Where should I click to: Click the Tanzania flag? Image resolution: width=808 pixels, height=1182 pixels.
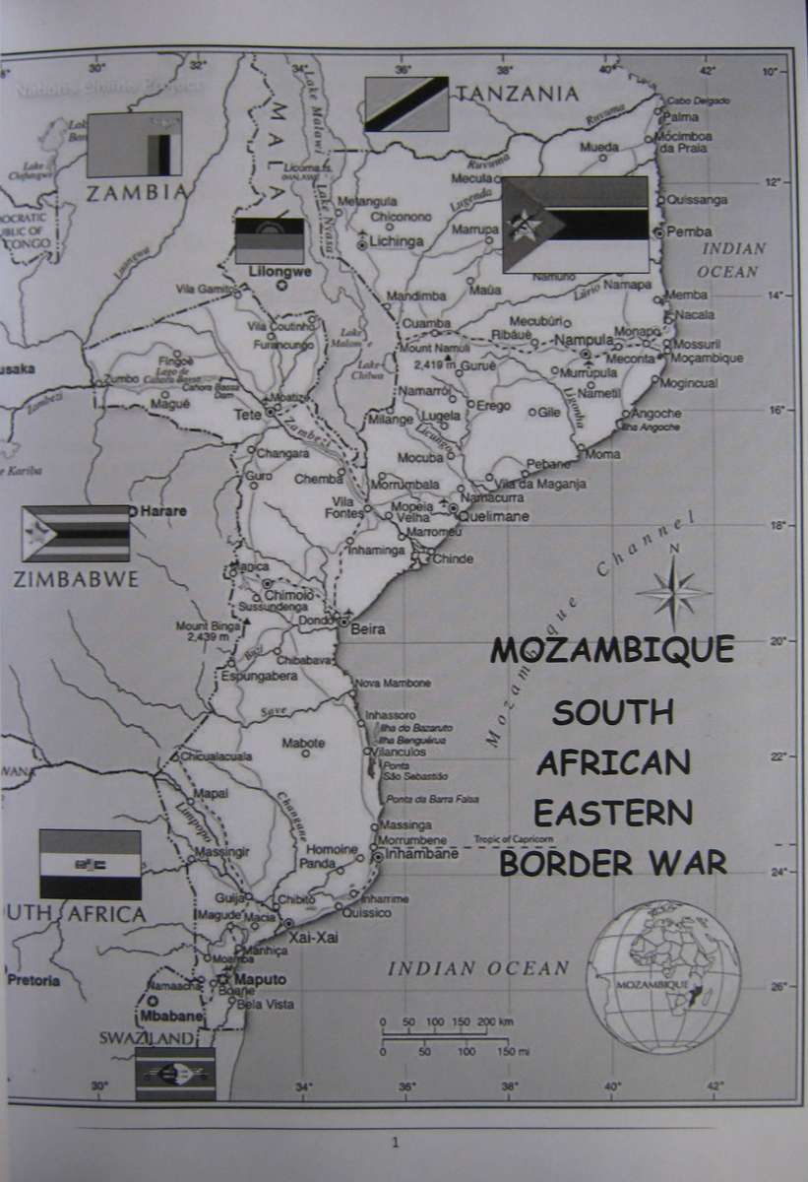(x=406, y=104)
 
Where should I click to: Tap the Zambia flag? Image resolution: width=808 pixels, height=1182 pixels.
(x=135, y=144)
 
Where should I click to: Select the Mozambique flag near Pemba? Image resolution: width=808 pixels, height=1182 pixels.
(x=575, y=225)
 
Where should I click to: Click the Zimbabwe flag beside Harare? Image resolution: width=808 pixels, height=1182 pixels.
(x=76, y=533)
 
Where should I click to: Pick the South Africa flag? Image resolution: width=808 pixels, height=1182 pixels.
(x=90, y=864)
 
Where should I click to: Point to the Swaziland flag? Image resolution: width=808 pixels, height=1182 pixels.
(x=175, y=1074)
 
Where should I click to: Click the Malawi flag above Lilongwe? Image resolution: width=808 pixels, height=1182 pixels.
(x=269, y=240)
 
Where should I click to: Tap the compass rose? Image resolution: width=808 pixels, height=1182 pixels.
(x=673, y=593)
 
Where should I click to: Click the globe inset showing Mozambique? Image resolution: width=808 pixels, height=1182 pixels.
(x=664, y=977)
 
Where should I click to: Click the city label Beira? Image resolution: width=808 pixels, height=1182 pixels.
(x=368, y=629)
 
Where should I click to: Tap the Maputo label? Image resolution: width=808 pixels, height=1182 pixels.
(x=260, y=979)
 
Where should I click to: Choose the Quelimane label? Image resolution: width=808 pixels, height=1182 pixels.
(x=495, y=516)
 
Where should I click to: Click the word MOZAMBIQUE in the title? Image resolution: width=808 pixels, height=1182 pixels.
(x=612, y=650)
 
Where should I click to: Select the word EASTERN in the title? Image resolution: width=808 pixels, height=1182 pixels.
(x=612, y=813)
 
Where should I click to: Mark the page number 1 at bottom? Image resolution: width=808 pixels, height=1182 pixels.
(x=396, y=1144)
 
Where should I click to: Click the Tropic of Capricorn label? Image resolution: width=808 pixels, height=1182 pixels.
(x=514, y=839)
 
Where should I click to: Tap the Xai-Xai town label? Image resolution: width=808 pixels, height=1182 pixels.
(x=314, y=938)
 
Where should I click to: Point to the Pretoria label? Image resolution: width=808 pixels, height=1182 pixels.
(x=33, y=980)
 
